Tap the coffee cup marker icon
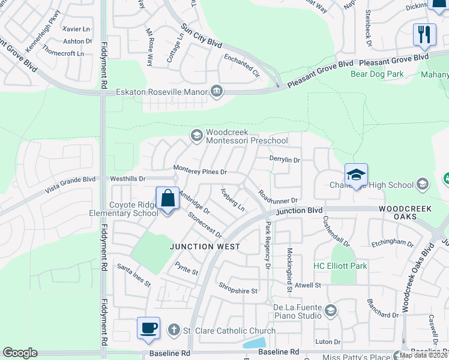(x=148, y=328)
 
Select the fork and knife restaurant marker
(x=424, y=34)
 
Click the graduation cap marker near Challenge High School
(x=356, y=175)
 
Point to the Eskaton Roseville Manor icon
(x=217, y=92)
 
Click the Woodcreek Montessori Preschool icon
(x=196, y=136)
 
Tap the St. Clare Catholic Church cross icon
(x=173, y=330)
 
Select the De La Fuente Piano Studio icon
(x=330, y=310)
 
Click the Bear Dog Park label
(x=377, y=74)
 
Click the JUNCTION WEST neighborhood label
(x=205, y=247)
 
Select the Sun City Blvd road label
(x=202, y=35)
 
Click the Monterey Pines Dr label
(x=200, y=172)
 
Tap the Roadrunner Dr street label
(x=278, y=196)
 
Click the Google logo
(x=20, y=353)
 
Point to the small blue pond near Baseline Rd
(x=255, y=343)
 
